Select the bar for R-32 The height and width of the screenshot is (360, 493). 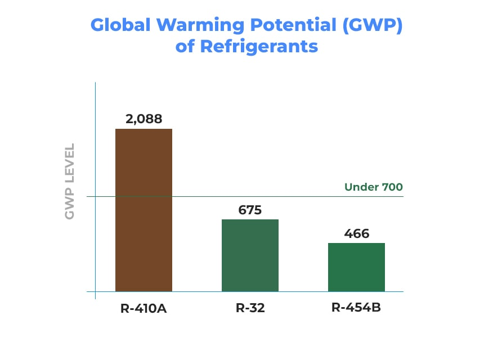coord(250,255)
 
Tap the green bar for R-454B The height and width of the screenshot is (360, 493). coord(356,267)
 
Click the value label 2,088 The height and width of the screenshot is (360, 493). coord(144,119)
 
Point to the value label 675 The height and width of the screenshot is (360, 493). coord(250,210)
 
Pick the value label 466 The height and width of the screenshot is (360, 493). coord(356,233)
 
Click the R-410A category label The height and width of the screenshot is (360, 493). coord(144,308)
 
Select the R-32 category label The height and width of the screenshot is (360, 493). coord(250,308)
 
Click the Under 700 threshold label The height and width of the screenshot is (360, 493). coord(374,187)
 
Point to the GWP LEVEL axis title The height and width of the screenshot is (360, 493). coord(70,182)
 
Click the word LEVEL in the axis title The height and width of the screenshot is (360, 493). coord(70,163)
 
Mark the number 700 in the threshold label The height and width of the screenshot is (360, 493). coord(391,187)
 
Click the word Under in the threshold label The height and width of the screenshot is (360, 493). coord(360,187)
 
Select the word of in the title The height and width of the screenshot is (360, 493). coord(185,46)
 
